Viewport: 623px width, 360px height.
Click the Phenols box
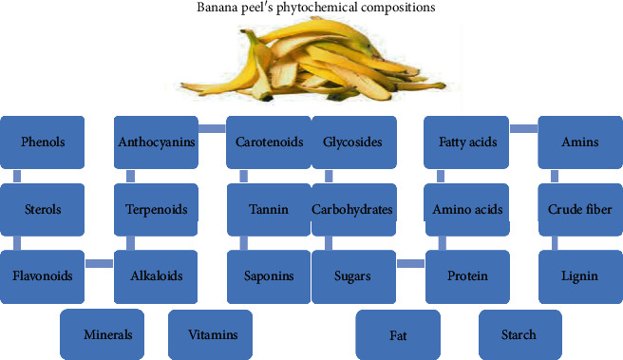[x=44, y=142]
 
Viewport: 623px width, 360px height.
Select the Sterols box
[x=44, y=209]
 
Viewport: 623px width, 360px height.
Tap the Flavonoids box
[x=44, y=276]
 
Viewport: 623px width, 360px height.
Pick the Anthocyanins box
[x=157, y=142]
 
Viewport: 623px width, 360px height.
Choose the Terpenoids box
[x=157, y=209]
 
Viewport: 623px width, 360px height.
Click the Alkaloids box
[x=157, y=276]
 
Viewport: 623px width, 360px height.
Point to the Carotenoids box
[x=269, y=142]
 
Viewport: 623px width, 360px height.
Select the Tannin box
[x=269, y=209]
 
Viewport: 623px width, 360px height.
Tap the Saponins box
[x=269, y=276]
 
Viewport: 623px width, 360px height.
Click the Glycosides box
[x=352, y=142]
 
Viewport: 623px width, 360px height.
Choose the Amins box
[x=579, y=142]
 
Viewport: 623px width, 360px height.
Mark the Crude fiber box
[x=579, y=209]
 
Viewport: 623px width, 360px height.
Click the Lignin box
[x=579, y=276]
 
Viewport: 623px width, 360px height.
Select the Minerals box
[x=106, y=334]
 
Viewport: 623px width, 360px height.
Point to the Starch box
[x=519, y=334]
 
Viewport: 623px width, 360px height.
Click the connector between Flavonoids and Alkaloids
[x=100, y=263]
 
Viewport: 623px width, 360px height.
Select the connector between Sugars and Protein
[x=410, y=263]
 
